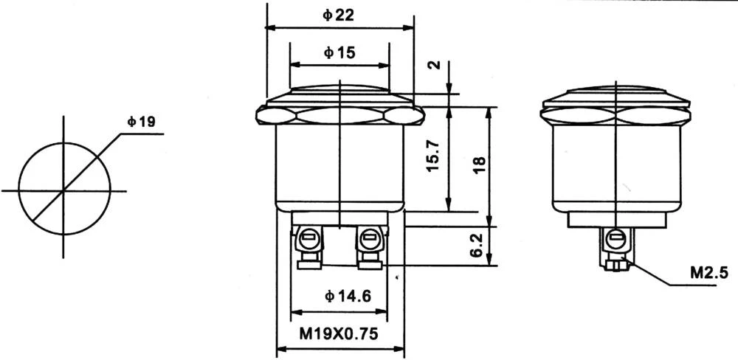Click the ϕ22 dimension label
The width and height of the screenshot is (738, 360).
click(x=339, y=15)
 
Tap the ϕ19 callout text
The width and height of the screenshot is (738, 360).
click(x=141, y=122)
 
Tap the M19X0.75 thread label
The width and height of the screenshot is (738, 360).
click(x=339, y=333)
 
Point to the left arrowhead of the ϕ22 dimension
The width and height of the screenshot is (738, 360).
click(x=270, y=28)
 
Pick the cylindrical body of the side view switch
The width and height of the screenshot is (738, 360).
click(x=615, y=166)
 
